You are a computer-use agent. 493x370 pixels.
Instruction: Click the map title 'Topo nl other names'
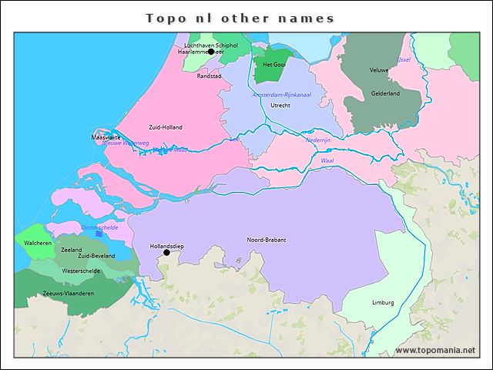[240, 18]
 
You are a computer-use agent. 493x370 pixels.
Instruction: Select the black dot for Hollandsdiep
[166, 252]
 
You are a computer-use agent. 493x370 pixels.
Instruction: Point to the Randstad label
[210, 76]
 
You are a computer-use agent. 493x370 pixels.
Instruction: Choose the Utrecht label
[280, 105]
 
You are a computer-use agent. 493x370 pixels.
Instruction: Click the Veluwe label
[379, 70]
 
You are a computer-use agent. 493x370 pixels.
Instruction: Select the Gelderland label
[385, 93]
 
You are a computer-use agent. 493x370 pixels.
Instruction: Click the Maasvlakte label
[106, 137]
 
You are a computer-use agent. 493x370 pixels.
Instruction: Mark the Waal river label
[327, 160]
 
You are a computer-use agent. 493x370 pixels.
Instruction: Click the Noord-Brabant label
[266, 240]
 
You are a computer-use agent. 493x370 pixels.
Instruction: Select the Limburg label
[382, 302]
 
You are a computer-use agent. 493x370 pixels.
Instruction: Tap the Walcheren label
[37, 243]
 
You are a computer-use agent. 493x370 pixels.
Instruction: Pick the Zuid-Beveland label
[96, 256]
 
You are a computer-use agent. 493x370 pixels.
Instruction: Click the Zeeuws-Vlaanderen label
[69, 294]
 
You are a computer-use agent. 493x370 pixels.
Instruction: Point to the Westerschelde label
[81, 271]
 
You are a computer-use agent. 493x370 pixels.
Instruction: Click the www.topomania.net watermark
[435, 351]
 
